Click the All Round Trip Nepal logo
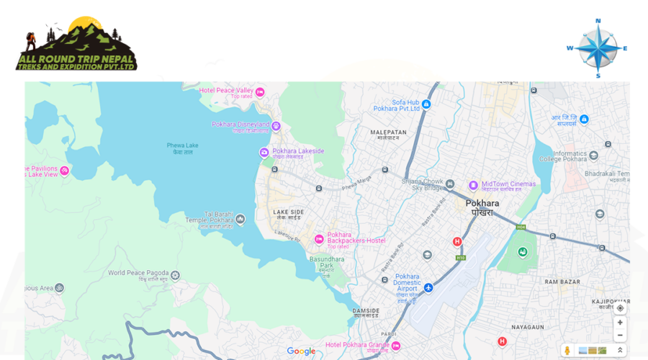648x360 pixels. click(76, 44)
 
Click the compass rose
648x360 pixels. click(597, 48)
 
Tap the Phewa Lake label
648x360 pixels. click(182, 148)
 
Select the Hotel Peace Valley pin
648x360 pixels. click(260, 91)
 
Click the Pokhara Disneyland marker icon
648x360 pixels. click(276, 126)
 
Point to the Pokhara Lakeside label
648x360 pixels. click(298, 151)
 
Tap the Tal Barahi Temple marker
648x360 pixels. click(240, 218)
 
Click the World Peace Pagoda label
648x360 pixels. click(138, 274)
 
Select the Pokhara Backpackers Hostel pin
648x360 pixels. click(319, 239)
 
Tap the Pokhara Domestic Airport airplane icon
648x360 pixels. click(428, 288)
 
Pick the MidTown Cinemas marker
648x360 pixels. click(473, 185)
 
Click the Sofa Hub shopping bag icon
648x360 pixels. click(426, 104)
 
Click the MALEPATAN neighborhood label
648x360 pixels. click(388, 132)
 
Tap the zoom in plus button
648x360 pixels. click(620, 323)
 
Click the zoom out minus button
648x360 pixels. click(620, 336)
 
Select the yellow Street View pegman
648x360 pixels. click(567, 351)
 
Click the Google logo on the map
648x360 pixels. click(301, 351)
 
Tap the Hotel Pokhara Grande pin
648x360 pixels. click(395, 346)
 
